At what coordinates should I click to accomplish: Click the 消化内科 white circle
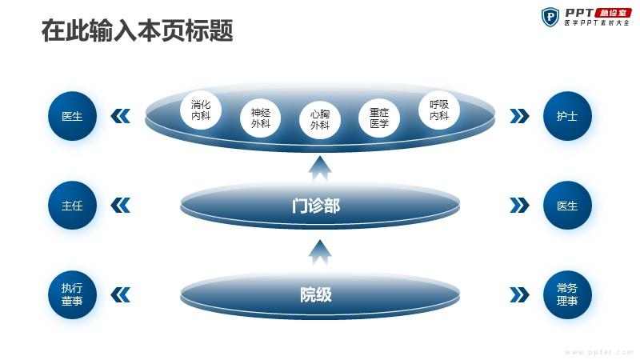click(x=201, y=110)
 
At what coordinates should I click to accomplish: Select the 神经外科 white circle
click(x=261, y=118)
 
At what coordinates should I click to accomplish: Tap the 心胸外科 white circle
click(x=320, y=119)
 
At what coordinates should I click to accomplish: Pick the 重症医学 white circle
click(x=379, y=118)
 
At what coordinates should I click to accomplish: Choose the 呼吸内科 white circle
click(x=439, y=110)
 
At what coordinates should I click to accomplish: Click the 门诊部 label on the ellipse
click(x=316, y=206)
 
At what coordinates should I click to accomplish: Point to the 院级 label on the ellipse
click(x=316, y=294)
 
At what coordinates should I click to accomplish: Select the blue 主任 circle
click(x=72, y=206)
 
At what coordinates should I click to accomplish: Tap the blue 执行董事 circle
click(x=72, y=294)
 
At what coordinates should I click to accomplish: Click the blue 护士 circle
click(x=567, y=116)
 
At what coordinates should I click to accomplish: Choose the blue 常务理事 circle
click(x=567, y=294)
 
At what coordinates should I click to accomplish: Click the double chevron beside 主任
click(x=121, y=206)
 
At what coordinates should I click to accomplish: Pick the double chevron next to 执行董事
click(x=121, y=294)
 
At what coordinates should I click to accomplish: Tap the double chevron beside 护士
click(x=519, y=116)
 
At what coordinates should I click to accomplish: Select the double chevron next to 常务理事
click(x=519, y=294)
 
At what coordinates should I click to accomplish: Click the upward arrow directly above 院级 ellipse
click(x=320, y=252)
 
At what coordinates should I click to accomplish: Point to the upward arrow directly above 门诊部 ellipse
click(x=320, y=168)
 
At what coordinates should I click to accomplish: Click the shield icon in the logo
click(x=550, y=17)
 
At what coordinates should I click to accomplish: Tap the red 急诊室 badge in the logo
click(x=613, y=13)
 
